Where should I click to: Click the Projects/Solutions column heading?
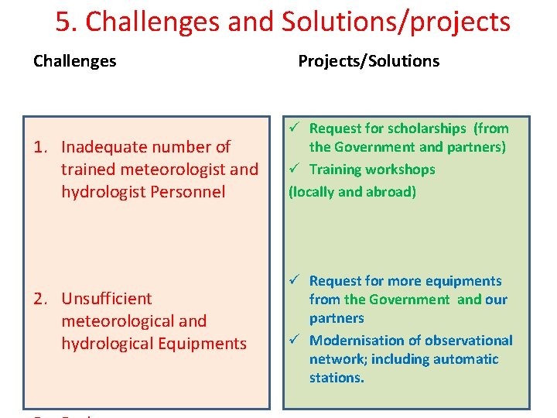pyautogui.click(x=368, y=61)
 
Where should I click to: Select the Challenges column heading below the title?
pyautogui.click(x=75, y=61)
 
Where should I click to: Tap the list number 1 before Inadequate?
pyautogui.click(x=42, y=147)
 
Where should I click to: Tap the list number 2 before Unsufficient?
pyautogui.click(x=42, y=299)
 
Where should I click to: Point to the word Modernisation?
pyautogui.click(x=354, y=341)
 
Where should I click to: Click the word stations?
pyautogui.click(x=337, y=378)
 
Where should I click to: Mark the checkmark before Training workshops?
pyautogui.click(x=294, y=170)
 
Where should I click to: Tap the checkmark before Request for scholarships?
pyautogui.click(x=294, y=128)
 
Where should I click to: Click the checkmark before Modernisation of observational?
pyautogui.click(x=294, y=341)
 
